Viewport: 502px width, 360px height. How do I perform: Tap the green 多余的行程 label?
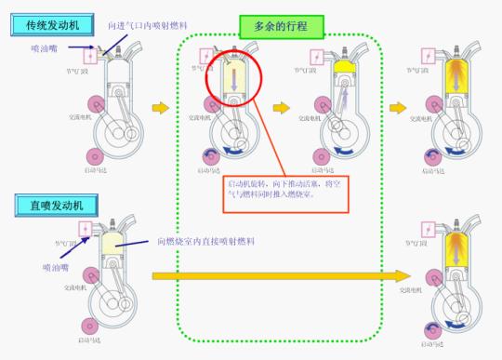pyautogui.click(x=281, y=27)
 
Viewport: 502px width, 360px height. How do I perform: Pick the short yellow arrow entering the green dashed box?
pyautogui.click(x=161, y=108)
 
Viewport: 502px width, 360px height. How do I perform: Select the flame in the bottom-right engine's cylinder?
pyautogui.click(x=456, y=247)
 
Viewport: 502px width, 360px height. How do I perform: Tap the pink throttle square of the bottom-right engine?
pyautogui.click(x=427, y=228)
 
